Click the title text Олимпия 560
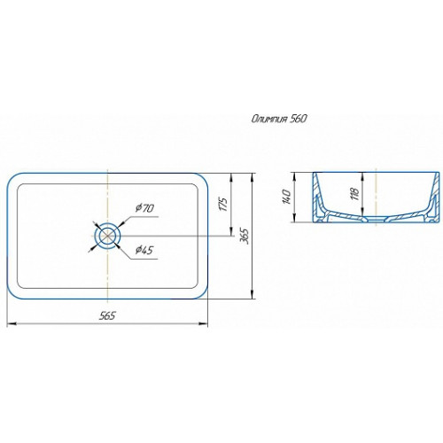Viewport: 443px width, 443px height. click(279, 119)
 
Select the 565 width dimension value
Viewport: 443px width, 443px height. click(107, 315)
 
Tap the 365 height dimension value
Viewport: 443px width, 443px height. click(245, 236)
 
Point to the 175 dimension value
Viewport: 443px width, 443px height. click(224, 204)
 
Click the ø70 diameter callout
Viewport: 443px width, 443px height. click(144, 208)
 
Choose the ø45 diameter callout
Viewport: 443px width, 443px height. click(144, 250)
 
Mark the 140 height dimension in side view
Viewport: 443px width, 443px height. click(287, 197)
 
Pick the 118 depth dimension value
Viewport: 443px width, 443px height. click(355, 194)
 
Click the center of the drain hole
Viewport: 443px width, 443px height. click(107, 236)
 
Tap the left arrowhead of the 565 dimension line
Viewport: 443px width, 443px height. click(11, 324)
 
